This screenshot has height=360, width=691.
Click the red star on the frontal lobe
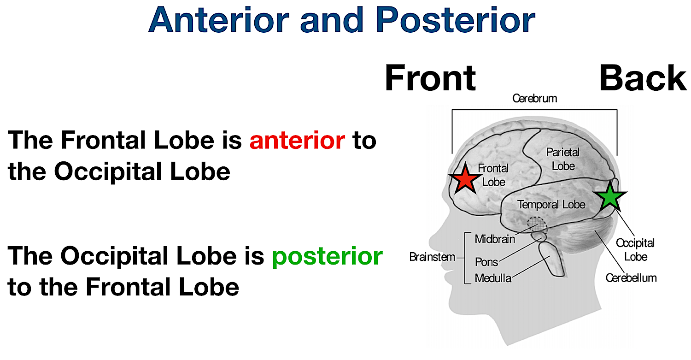[465, 179]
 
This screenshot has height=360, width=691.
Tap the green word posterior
[327, 256]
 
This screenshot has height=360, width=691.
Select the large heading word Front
[430, 78]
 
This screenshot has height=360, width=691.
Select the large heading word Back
[643, 78]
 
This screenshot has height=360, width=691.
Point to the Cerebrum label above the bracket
[535, 98]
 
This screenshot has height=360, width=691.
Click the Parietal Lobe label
[563, 159]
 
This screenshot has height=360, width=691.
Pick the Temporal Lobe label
[551, 204]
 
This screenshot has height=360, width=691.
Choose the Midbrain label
[495, 239]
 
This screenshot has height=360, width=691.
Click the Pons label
[486, 262]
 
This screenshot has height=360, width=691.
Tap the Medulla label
[493, 278]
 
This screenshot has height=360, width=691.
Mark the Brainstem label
[432, 257]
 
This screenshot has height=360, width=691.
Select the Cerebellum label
[631, 278]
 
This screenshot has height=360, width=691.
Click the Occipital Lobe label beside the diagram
[635, 249]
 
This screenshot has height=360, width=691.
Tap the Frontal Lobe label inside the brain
[493, 175]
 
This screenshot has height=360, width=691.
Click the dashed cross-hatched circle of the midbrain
[536, 225]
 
